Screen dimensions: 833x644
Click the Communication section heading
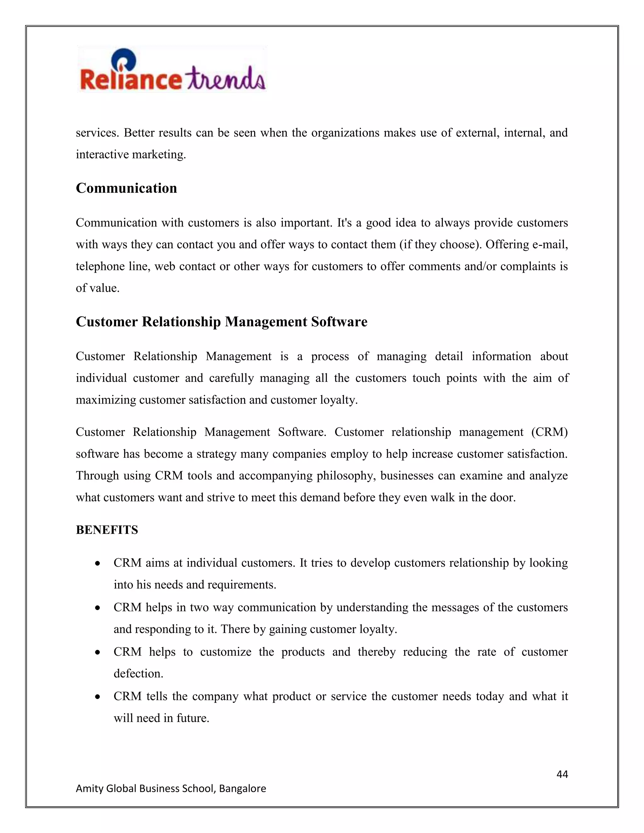[x=126, y=188]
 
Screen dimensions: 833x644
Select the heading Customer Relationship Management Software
[x=221, y=322]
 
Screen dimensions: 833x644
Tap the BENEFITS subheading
[x=107, y=530]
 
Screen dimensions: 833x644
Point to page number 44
[x=562, y=774]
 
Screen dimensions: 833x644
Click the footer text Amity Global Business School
[x=170, y=788]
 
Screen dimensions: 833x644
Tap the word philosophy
[x=347, y=476]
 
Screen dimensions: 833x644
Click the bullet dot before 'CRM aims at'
[x=98, y=563]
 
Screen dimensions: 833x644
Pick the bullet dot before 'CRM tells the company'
[x=98, y=697]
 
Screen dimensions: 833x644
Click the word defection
[x=138, y=673]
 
